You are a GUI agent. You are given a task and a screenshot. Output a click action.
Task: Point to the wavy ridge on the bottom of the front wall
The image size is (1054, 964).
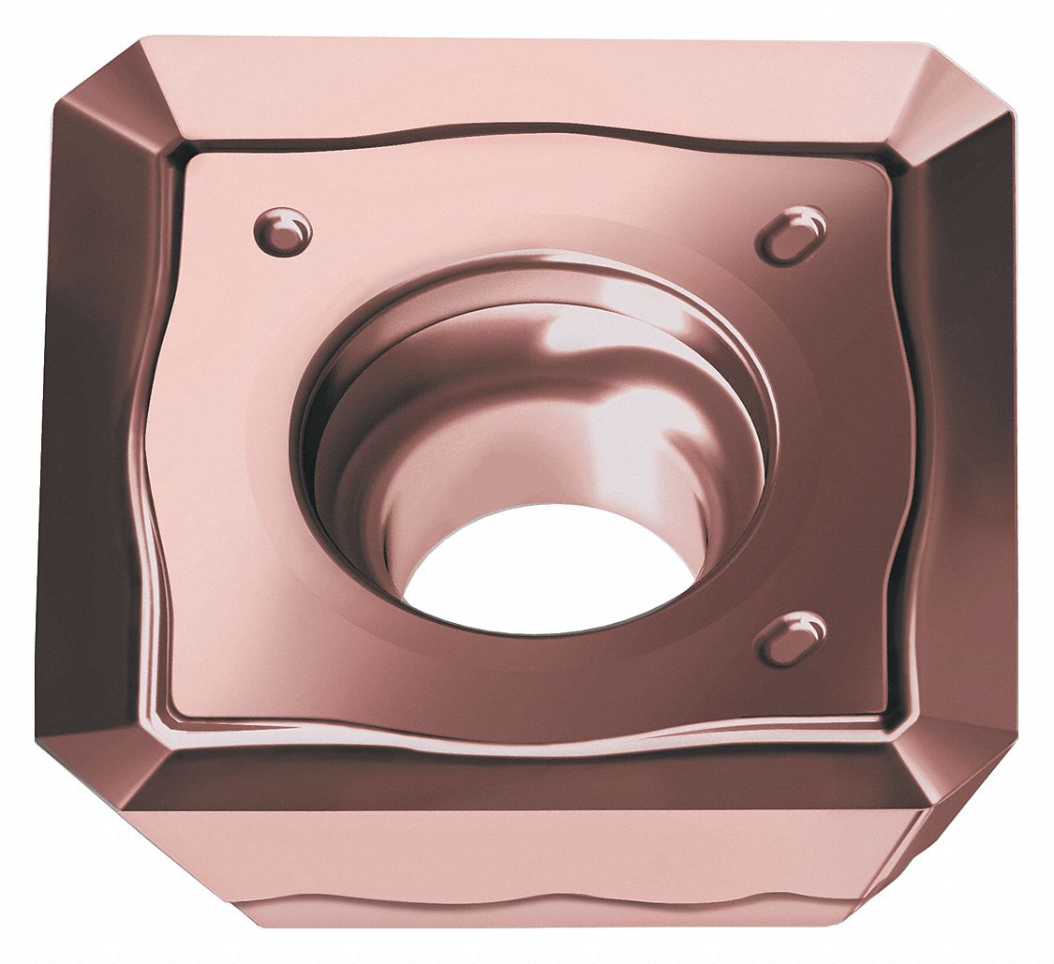click(562, 923)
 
